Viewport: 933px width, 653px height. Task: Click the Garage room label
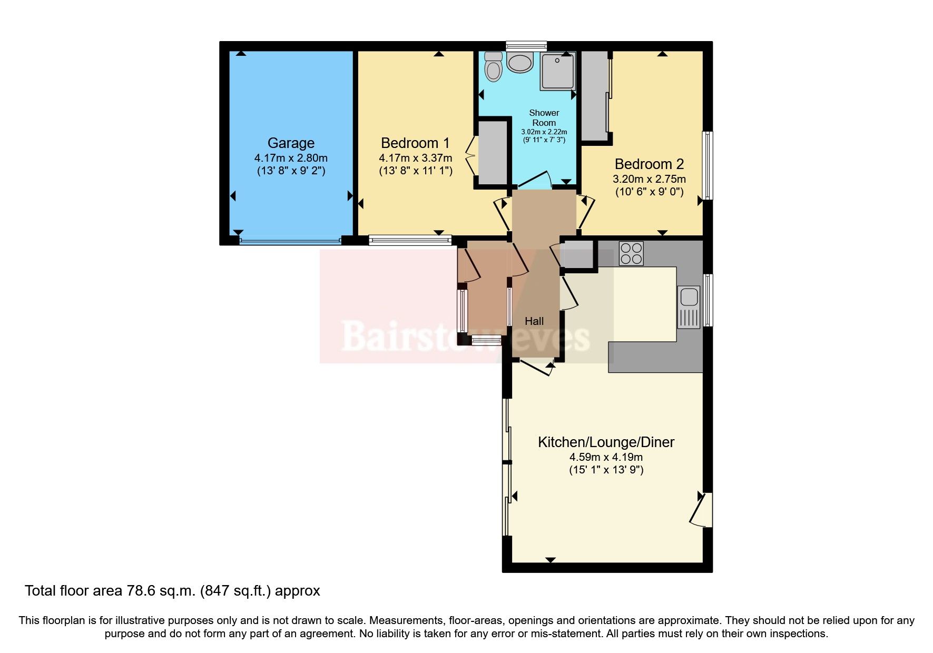pos(291,143)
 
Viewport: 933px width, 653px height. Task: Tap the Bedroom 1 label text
pos(415,143)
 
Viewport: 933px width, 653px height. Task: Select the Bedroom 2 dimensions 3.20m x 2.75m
pos(649,179)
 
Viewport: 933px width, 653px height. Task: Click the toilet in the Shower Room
pos(494,67)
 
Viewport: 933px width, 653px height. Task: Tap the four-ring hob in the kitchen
pos(631,253)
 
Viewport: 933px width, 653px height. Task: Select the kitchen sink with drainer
pos(689,307)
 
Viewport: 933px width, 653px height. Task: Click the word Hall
pos(534,321)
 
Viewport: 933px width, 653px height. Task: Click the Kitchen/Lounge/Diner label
pos(606,442)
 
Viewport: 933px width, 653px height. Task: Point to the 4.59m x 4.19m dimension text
pos(606,457)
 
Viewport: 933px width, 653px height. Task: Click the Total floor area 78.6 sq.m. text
pos(172,591)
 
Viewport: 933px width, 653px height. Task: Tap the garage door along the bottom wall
pos(290,241)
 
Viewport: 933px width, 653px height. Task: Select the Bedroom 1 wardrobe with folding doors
pos(492,153)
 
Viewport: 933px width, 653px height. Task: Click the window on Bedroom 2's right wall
pos(709,165)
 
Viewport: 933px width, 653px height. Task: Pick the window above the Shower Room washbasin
pos(526,46)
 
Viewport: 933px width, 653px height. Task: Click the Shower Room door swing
pos(535,181)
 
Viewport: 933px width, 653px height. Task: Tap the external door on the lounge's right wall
pos(703,509)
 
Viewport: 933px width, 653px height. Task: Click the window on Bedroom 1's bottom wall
pos(410,241)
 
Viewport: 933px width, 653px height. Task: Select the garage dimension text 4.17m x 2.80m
pos(291,158)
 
